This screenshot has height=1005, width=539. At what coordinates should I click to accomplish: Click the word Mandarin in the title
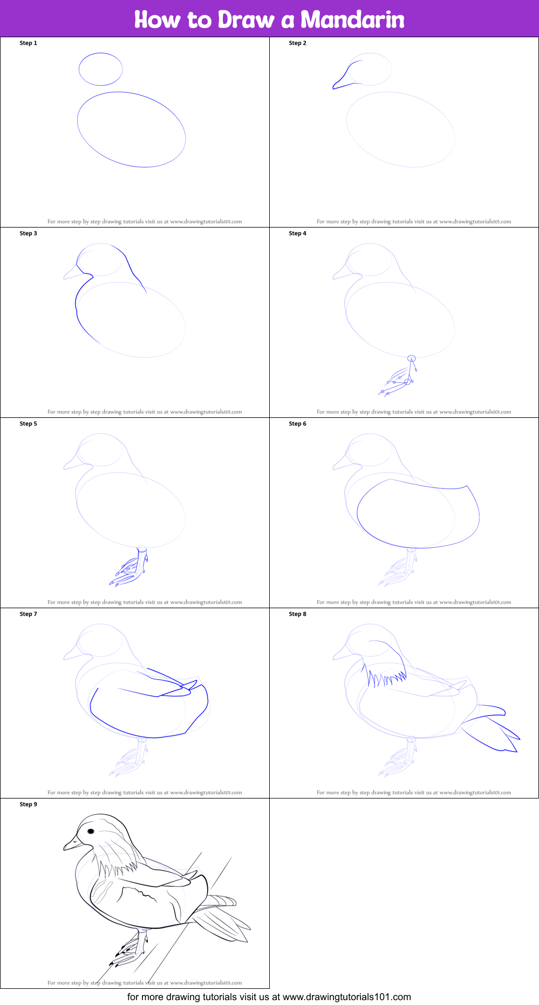pyautogui.click(x=352, y=20)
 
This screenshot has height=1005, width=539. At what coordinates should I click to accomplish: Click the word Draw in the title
pyautogui.click(x=246, y=20)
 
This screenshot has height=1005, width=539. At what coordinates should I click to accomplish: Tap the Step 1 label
pyautogui.click(x=29, y=43)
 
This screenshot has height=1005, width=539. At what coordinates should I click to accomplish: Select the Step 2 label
pyautogui.click(x=298, y=43)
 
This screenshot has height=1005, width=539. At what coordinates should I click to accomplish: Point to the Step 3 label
pyautogui.click(x=29, y=233)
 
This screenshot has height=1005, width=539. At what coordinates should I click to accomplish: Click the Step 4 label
pyautogui.click(x=298, y=233)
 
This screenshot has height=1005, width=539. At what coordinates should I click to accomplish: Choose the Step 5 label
pyautogui.click(x=29, y=424)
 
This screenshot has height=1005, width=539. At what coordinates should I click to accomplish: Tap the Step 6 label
pyautogui.click(x=298, y=424)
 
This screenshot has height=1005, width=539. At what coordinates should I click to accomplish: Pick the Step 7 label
pyautogui.click(x=29, y=614)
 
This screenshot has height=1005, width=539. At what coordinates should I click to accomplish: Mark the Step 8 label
pyautogui.click(x=298, y=614)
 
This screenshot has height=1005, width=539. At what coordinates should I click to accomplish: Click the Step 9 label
pyautogui.click(x=29, y=804)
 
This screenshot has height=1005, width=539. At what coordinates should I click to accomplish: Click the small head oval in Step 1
pyautogui.click(x=101, y=69)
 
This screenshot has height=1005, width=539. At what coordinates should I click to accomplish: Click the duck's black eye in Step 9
pyautogui.click(x=91, y=832)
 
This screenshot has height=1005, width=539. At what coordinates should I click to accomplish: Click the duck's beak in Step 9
pyautogui.click(x=72, y=843)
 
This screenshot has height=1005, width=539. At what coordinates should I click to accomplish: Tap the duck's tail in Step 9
pyautogui.click(x=224, y=919)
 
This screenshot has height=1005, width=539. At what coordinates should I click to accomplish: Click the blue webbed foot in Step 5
pyautogui.click(x=129, y=572)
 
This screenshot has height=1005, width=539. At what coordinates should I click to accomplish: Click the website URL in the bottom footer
pyautogui.click(x=346, y=997)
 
